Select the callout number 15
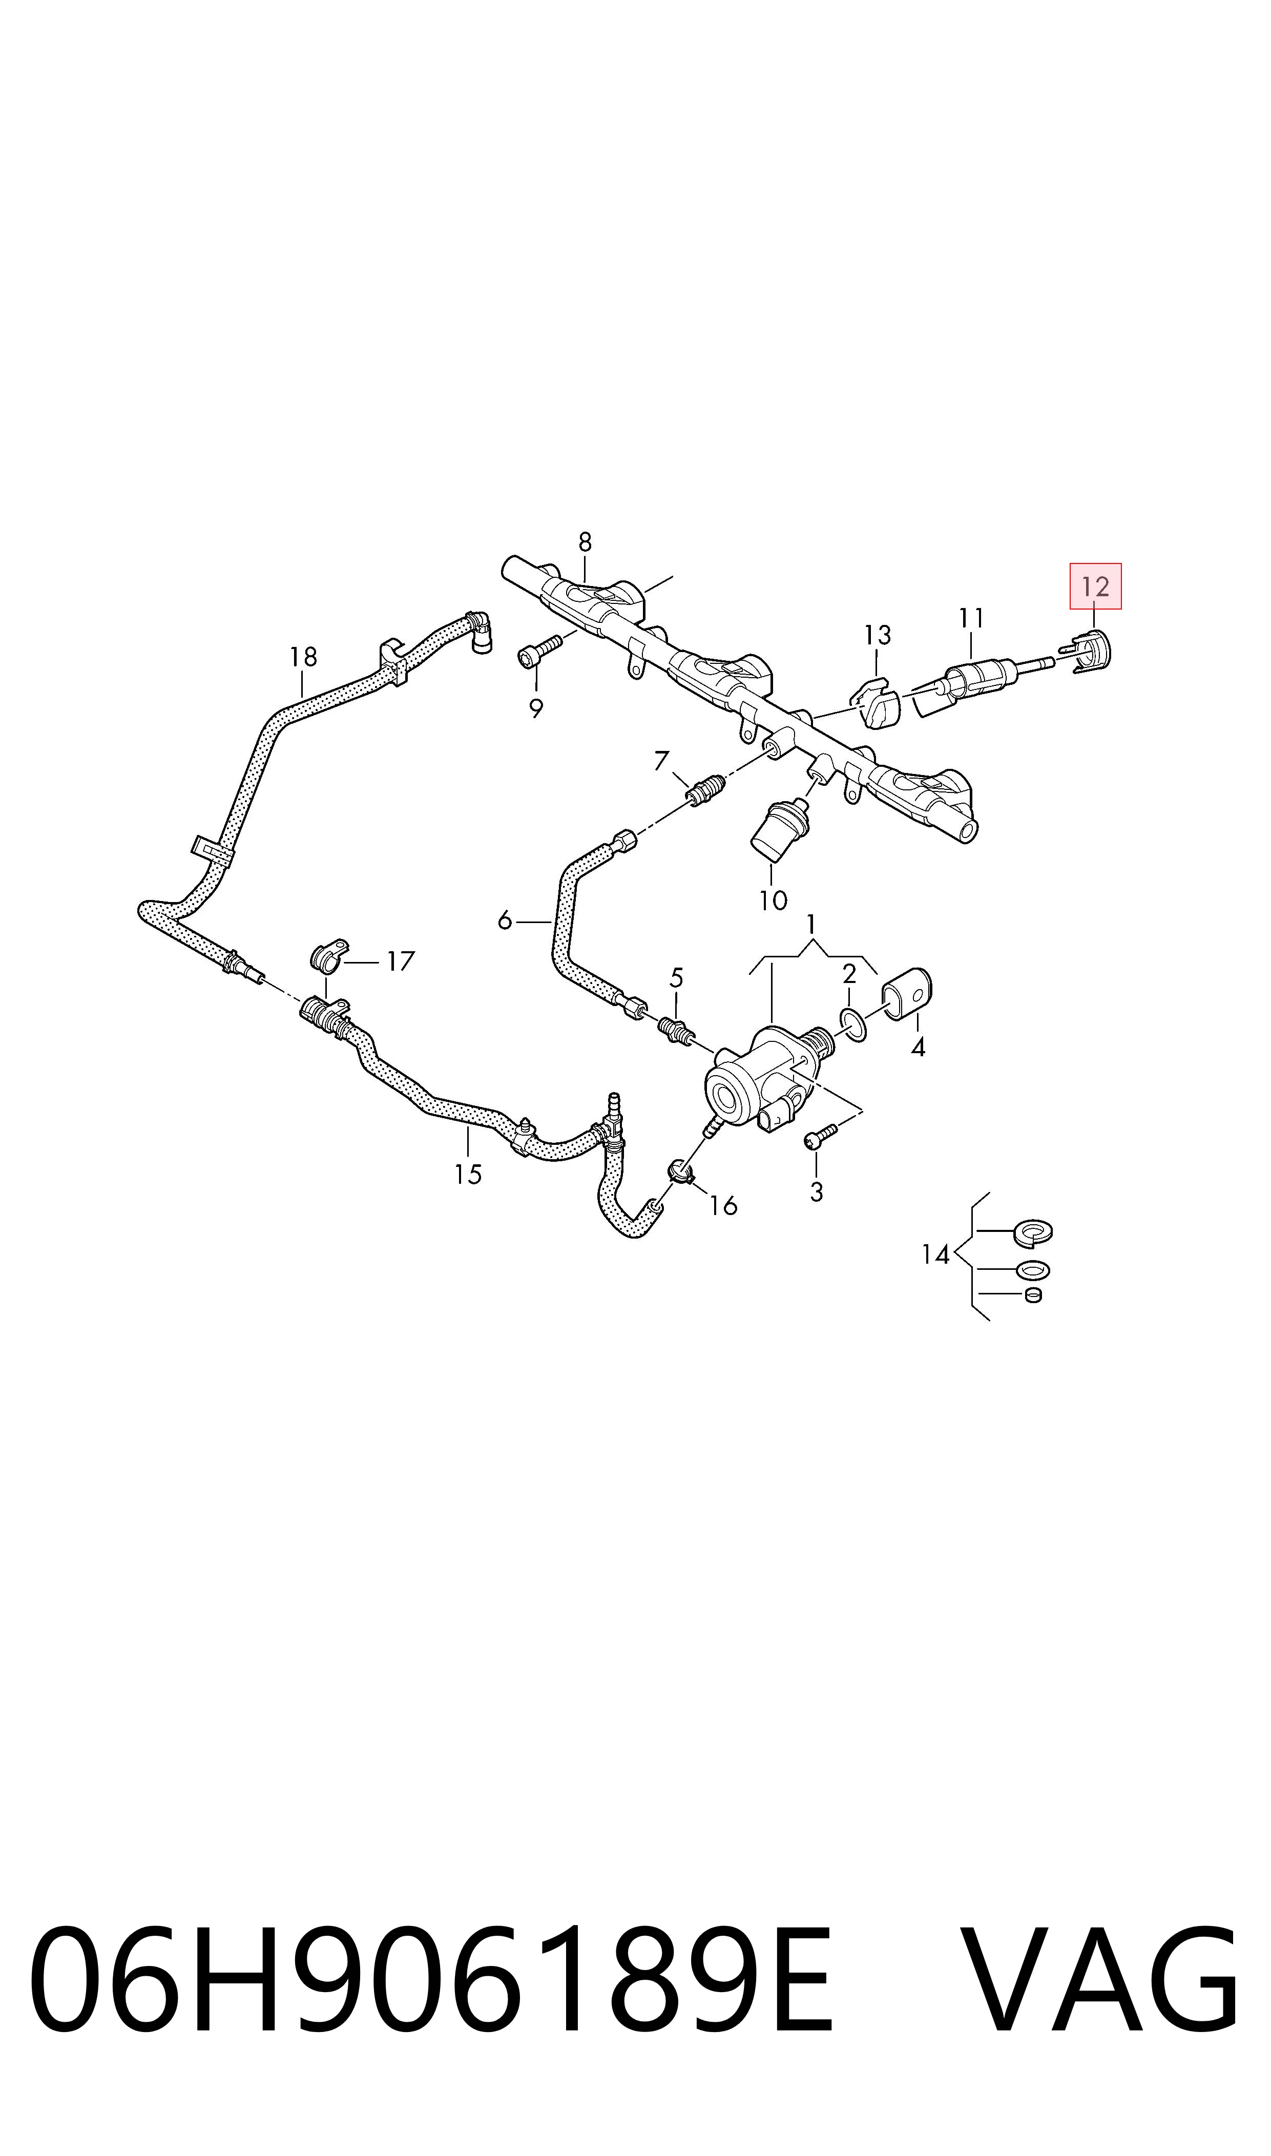(x=468, y=1174)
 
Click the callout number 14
(x=935, y=1255)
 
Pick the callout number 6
(x=505, y=922)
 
